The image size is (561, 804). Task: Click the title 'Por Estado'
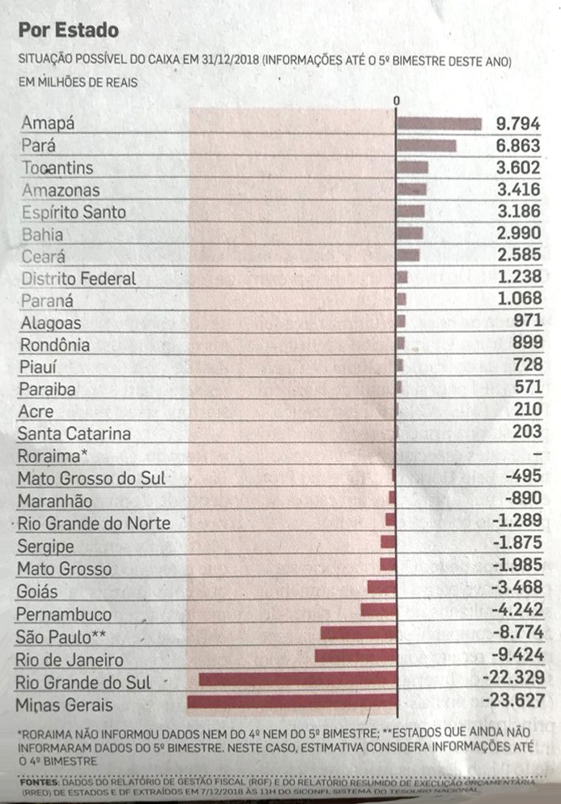point(69,31)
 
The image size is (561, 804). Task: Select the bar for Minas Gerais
point(291,701)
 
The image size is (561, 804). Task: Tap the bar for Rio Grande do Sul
point(297,679)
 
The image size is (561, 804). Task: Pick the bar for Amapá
point(439,124)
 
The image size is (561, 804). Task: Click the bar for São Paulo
point(358,632)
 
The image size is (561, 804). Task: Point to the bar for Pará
point(426,146)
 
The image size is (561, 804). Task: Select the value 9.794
point(518,124)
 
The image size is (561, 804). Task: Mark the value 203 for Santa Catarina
point(528,432)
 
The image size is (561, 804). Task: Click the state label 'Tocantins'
point(57,168)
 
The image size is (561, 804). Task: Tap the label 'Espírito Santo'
point(74,212)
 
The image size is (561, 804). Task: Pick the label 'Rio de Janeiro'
point(70,660)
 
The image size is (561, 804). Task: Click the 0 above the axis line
point(396,100)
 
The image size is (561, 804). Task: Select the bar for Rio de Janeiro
point(355,655)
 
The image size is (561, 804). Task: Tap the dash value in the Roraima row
point(537,454)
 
